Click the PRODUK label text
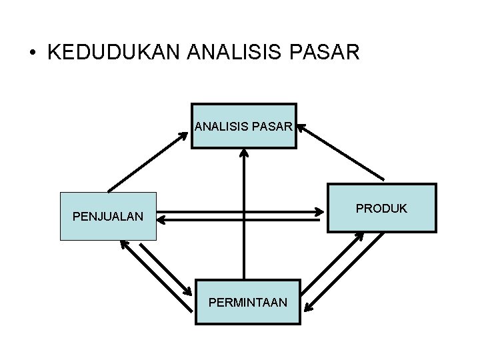coord(381,208)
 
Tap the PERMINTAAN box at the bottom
coord(248,302)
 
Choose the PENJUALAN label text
coord(108,217)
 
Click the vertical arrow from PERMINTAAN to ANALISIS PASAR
coord(244,213)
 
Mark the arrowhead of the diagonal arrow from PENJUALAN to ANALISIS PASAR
coord(186,133)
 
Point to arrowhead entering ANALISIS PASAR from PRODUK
coord(302,126)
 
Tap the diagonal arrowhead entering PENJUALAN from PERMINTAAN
coord(123,243)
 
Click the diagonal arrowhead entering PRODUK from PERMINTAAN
coord(359,237)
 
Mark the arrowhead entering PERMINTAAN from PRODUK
coord(307,308)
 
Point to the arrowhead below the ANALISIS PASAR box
coord(244,153)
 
